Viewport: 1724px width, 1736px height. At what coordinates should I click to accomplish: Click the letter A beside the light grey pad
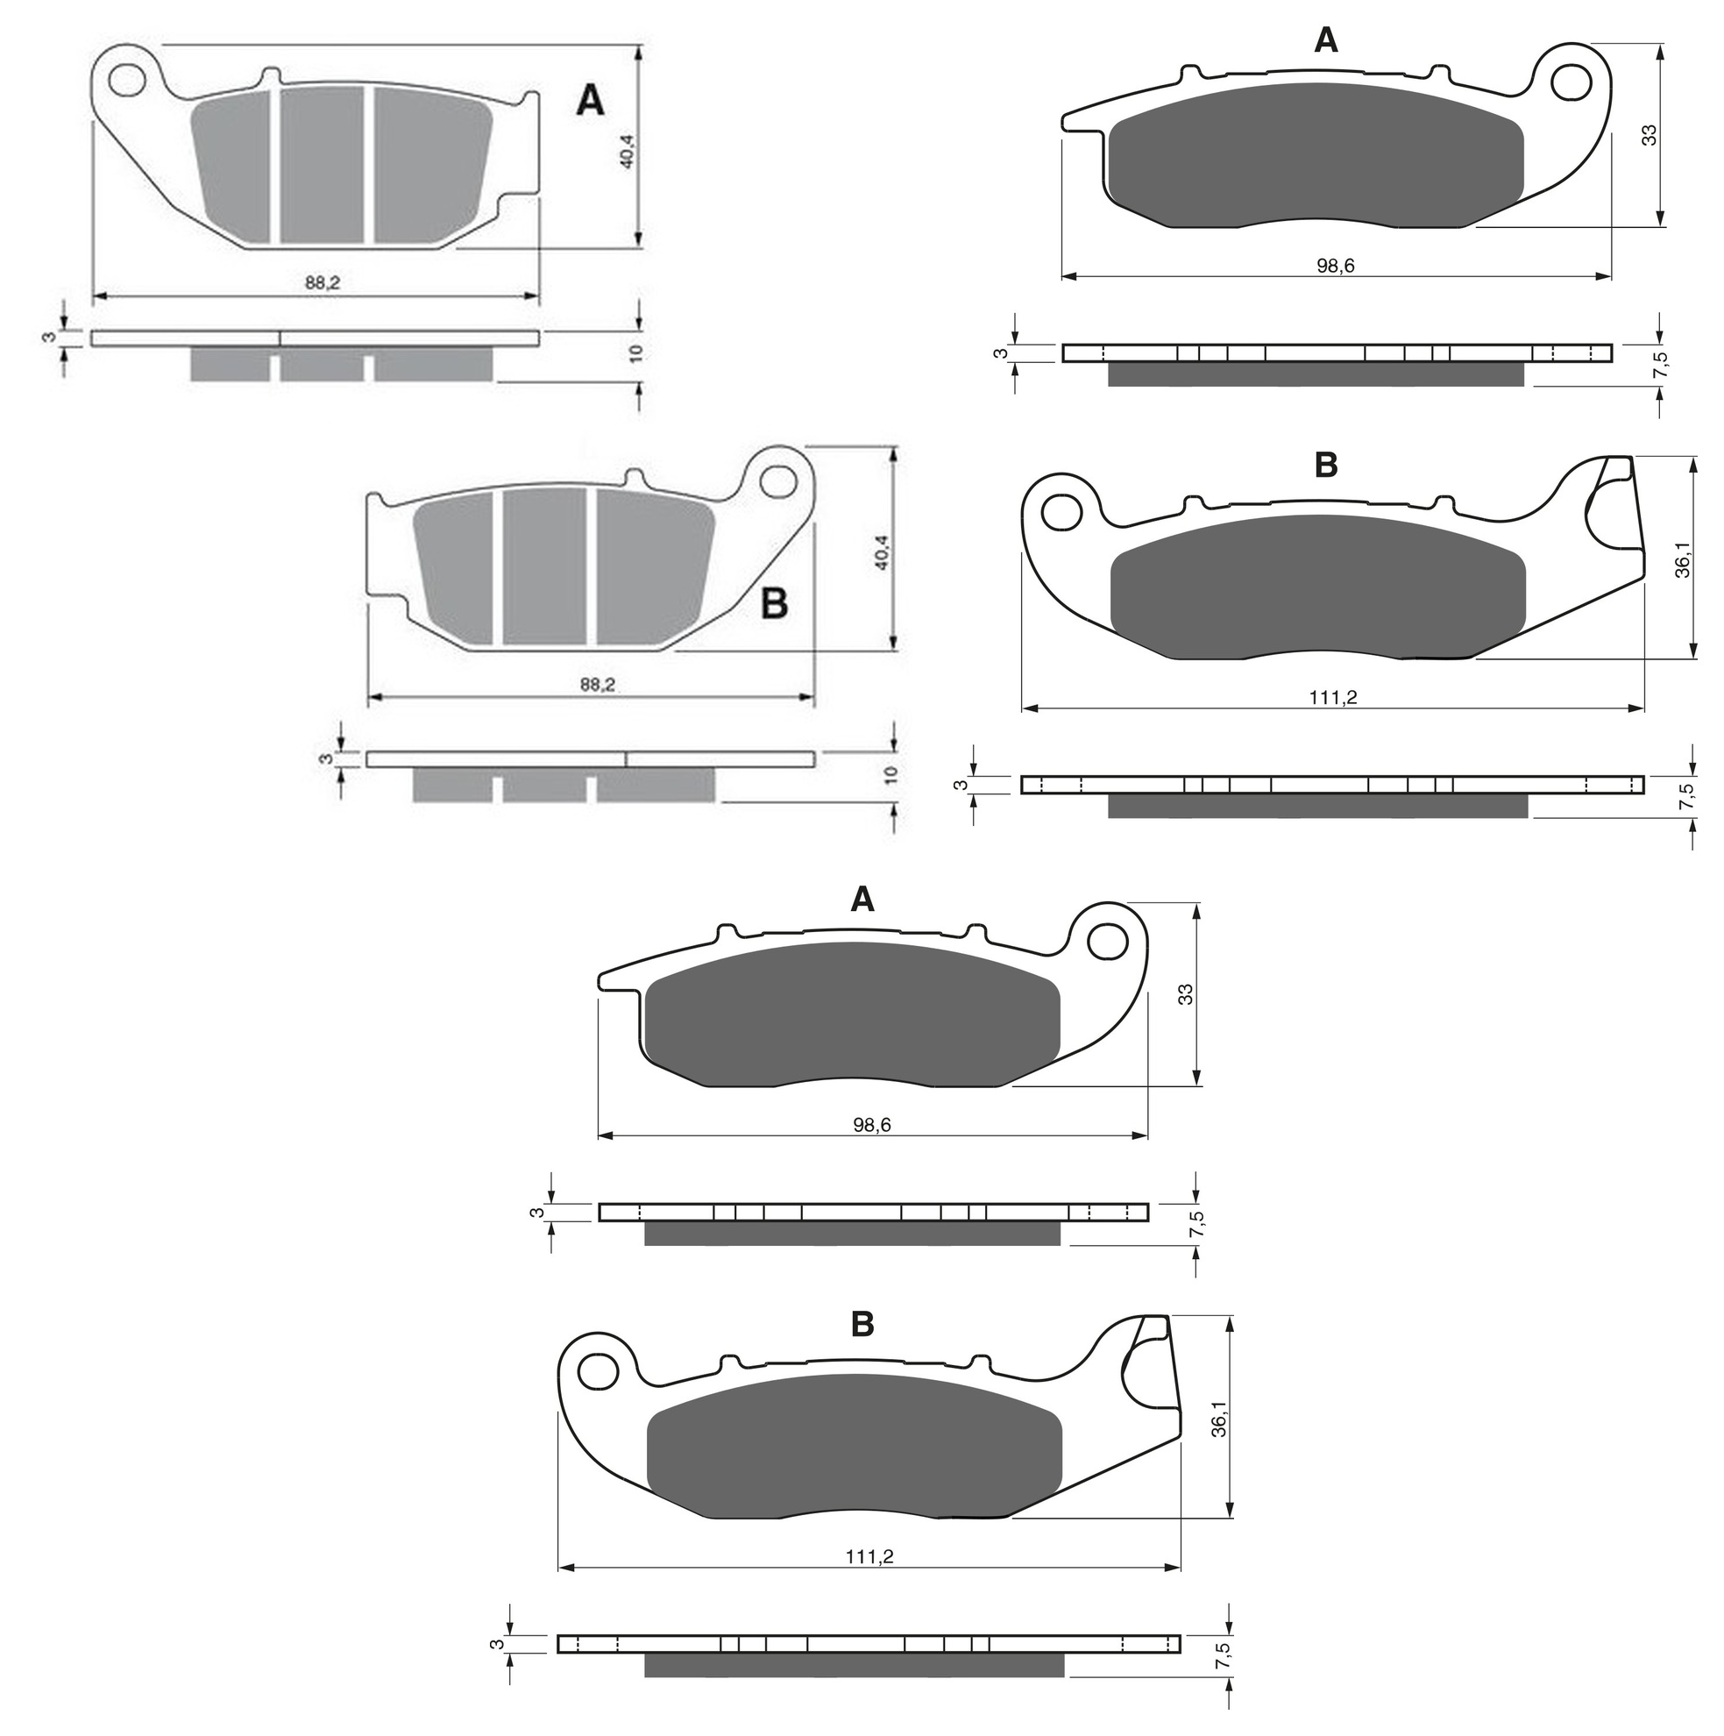(x=589, y=101)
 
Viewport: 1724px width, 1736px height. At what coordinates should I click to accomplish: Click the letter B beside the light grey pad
(x=774, y=604)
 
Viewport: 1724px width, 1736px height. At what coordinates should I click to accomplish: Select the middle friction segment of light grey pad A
(x=322, y=165)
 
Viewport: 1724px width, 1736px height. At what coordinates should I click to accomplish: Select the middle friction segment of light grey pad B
(x=544, y=566)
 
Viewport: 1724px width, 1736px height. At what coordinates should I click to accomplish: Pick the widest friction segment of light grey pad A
(x=432, y=164)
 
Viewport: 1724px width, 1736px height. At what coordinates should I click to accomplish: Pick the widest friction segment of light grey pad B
(x=655, y=566)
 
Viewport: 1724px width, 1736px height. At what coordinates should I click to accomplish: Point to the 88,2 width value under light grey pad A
(x=323, y=282)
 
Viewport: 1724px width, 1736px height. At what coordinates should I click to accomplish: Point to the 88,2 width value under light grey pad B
(x=598, y=685)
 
